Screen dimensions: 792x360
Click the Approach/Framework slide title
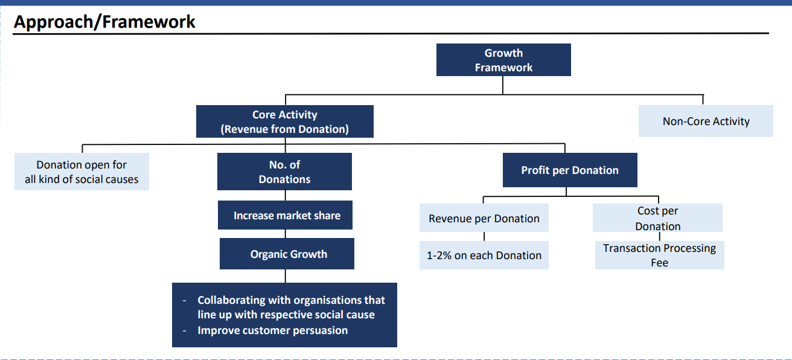[x=104, y=22]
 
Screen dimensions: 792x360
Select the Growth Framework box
[x=503, y=60]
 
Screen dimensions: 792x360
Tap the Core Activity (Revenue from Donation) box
[x=285, y=121]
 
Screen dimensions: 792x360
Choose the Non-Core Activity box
[x=706, y=121]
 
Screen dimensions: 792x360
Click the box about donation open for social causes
[x=81, y=172]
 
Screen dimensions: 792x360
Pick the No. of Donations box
[x=285, y=172]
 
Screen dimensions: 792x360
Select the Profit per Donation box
[x=570, y=170]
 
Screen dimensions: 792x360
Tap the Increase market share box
[x=285, y=215]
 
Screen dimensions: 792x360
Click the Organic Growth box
[x=287, y=254]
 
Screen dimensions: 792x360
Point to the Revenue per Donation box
[x=484, y=218]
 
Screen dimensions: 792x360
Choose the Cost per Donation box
[x=657, y=218]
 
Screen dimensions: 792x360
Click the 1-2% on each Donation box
[x=484, y=256]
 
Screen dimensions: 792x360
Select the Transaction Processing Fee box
[x=660, y=256]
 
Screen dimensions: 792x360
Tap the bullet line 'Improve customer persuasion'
[x=273, y=330]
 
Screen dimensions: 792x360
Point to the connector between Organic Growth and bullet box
[x=286, y=276]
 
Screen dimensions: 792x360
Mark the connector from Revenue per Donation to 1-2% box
[x=484, y=237]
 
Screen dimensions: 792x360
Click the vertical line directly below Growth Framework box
[x=502, y=85]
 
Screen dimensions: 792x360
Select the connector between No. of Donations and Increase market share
[x=286, y=196]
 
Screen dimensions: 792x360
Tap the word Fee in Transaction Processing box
[x=659, y=263]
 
